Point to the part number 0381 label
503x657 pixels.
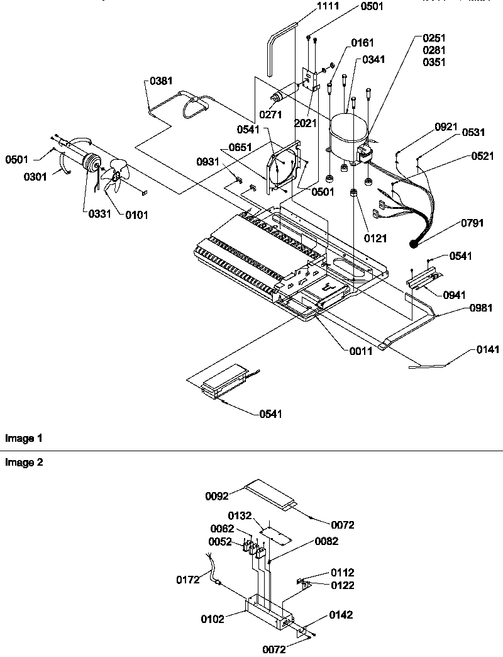click(162, 81)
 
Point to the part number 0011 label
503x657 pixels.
click(361, 351)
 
